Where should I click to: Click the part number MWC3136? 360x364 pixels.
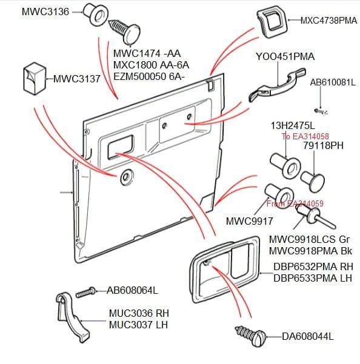click(45, 12)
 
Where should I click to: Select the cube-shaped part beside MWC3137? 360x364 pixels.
click(35, 79)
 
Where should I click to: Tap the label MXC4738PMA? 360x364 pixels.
click(328, 21)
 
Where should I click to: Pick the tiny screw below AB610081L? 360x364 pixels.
click(321, 111)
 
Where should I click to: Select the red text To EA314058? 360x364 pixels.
click(305, 136)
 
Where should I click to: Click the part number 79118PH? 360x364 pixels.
click(323, 145)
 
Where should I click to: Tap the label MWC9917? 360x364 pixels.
click(249, 221)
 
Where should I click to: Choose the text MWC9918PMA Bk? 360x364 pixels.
click(310, 251)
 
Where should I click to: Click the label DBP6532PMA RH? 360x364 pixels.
click(313, 266)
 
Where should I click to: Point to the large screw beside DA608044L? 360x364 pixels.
click(250, 335)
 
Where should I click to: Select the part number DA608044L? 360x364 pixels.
click(307, 336)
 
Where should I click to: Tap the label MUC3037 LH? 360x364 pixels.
click(138, 325)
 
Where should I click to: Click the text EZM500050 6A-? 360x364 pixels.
click(149, 76)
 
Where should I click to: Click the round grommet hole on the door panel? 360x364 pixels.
click(126, 177)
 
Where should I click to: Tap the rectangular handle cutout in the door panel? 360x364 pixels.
click(121, 147)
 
